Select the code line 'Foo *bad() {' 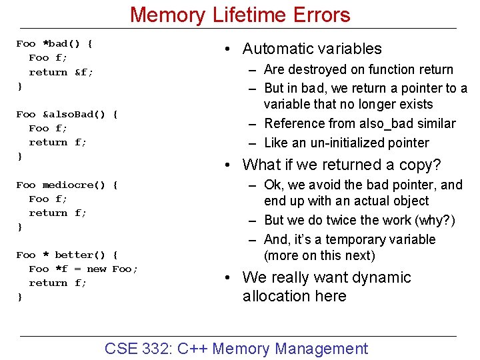tap(55, 44)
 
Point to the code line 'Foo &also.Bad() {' tap(67, 114)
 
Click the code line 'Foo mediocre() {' tap(67, 185)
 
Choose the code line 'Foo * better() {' tap(67, 255)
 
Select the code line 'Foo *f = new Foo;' tap(83, 269)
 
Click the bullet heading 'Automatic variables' tap(312, 49)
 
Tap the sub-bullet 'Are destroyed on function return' tap(358, 69)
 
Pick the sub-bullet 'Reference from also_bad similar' tap(359, 123)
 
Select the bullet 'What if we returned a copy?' tap(341, 165)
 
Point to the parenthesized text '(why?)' tap(436, 220)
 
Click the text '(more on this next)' tap(319, 255)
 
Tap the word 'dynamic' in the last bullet tap(383, 277)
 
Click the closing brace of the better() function tap(19, 297)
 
